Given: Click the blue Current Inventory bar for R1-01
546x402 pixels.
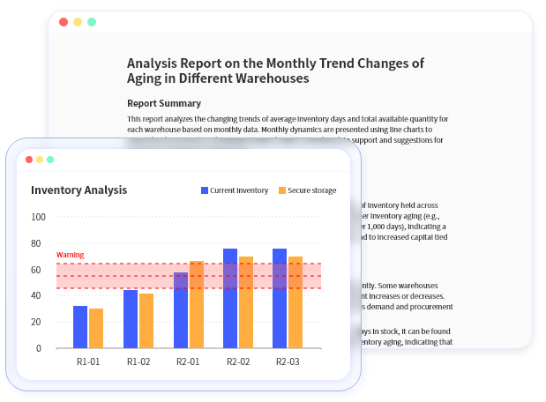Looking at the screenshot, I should coord(80,327).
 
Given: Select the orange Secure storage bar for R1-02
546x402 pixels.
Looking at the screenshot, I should coord(146,321).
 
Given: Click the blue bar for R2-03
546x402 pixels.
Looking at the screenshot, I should coord(280,298).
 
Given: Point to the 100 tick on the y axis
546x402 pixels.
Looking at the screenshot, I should coord(38,217).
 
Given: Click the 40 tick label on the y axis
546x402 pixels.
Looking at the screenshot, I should coord(38,295).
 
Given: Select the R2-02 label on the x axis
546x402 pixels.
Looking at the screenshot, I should coord(238,361).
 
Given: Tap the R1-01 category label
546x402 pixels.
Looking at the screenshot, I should coord(88,361).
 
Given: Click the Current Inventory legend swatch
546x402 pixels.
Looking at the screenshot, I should coord(206,190).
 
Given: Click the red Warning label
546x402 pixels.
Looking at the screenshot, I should coord(70,255).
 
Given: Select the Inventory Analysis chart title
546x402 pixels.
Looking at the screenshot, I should coord(79,190).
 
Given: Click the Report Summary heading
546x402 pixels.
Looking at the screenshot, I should coord(164,103).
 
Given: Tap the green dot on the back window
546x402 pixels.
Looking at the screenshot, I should coord(92,21).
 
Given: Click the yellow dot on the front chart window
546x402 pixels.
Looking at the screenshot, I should coord(40,160).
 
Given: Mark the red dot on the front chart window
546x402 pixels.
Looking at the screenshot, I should coord(29,160).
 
